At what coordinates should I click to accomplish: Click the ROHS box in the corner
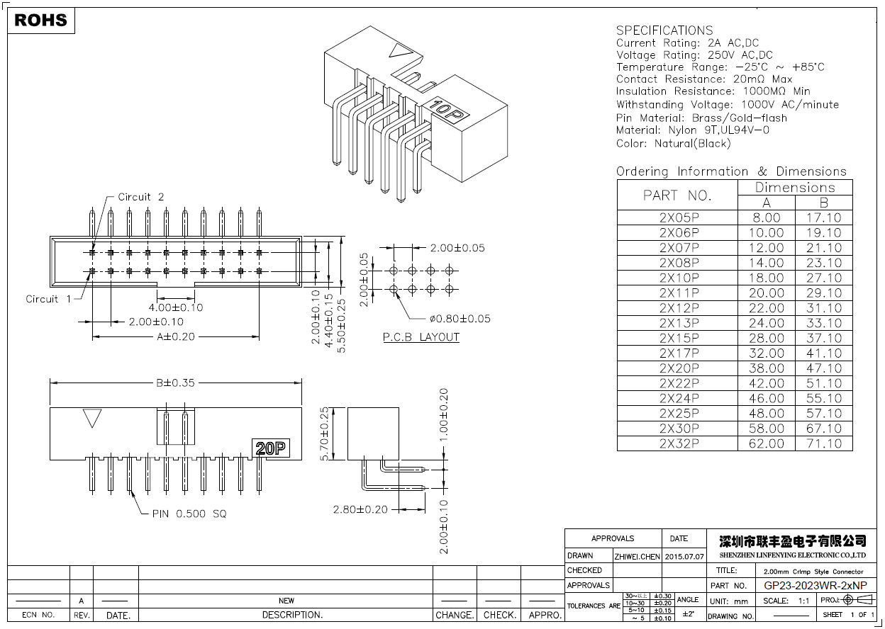pyautogui.click(x=41, y=21)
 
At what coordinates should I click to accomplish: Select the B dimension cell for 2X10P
pyautogui.click(x=823, y=278)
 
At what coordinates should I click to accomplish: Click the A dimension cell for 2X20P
pyautogui.click(x=767, y=368)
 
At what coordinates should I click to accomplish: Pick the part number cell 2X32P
pyautogui.click(x=679, y=443)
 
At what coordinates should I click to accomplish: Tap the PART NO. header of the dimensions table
pyautogui.click(x=677, y=195)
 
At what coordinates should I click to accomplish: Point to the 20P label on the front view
pyautogui.click(x=271, y=448)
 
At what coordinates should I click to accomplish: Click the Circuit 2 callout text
pyautogui.click(x=140, y=197)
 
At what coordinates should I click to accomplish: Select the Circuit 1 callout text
pyautogui.click(x=48, y=299)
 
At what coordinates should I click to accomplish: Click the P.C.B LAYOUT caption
pyautogui.click(x=421, y=337)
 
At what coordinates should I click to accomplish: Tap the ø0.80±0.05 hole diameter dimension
pyautogui.click(x=460, y=319)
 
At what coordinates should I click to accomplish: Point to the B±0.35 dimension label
pyautogui.click(x=175, y=383)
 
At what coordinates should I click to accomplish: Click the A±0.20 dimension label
pyautogui.click(x=175, y=336)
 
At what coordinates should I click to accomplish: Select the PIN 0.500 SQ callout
pyautogui.click(x=189, y=514)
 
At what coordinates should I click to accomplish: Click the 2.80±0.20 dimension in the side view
pyautogui.click(x=360, y=509)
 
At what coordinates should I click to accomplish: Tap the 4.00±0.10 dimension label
pyautogui.click(x=175, y=307)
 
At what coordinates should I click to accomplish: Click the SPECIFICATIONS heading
pyautogui.click(x=664, y=30)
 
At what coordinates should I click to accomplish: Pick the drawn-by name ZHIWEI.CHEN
pyautogui.click(x=637, y=556)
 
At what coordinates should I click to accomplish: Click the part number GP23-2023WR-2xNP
pyautogui.click(x=815, y=586)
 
